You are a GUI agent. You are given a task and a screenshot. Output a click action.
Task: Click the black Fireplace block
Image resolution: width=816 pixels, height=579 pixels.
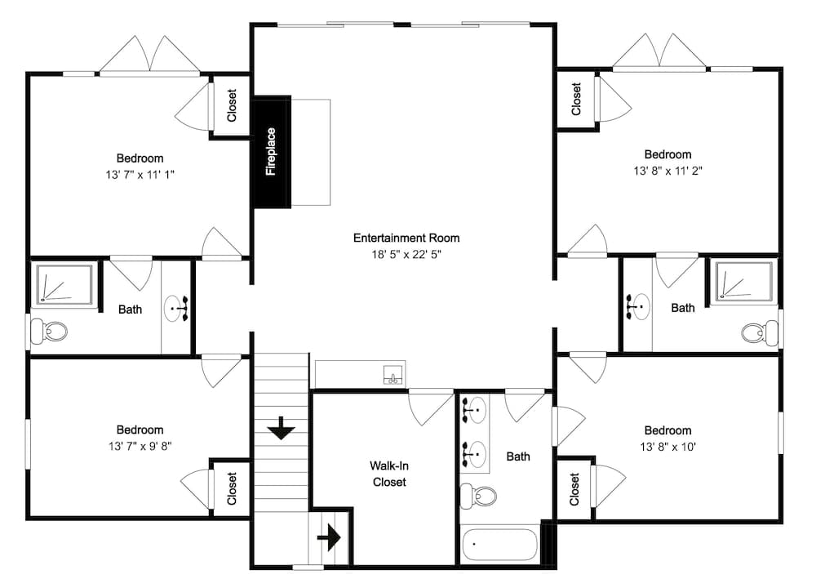271,152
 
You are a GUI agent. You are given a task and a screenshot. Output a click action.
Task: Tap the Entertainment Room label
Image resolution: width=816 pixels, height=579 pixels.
406,238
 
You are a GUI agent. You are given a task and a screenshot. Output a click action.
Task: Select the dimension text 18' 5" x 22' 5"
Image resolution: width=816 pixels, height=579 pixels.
406,255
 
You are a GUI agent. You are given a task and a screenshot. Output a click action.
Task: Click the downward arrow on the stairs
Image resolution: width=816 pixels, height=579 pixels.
281,427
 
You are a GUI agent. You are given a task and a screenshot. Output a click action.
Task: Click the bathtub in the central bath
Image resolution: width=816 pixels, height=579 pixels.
499,544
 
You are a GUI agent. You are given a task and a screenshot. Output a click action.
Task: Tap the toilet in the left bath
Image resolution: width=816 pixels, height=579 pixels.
49,332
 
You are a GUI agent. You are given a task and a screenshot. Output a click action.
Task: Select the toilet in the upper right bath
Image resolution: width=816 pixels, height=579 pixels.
760,332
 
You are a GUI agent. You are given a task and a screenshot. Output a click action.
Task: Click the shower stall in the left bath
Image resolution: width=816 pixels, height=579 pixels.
64,284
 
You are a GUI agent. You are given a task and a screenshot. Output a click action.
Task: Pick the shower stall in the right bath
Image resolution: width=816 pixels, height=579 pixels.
743,282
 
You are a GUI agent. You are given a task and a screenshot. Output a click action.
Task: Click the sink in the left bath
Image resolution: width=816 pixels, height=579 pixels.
177,309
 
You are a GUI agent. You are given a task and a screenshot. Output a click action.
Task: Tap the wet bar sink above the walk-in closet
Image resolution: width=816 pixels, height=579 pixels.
392,376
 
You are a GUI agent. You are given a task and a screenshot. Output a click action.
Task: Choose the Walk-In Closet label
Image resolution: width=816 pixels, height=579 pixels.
389,474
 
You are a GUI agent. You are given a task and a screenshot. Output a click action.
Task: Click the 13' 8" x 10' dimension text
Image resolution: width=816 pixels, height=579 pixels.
667,447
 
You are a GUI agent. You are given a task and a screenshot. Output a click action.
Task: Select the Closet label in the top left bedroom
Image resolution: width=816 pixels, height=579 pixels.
232,106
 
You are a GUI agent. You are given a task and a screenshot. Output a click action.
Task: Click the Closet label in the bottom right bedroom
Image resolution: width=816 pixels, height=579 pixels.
575,488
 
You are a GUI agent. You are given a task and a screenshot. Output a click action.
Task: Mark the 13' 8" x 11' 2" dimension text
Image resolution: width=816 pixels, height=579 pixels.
667,171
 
